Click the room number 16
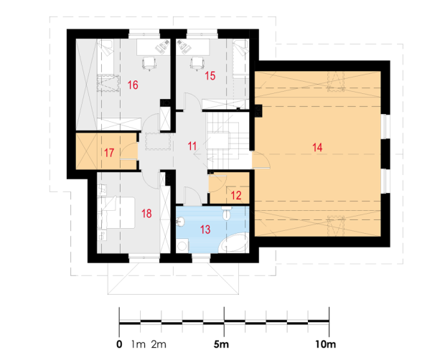[133, 85]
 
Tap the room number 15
[210, 76]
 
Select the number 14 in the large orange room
[317, 148]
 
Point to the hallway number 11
[192, 146]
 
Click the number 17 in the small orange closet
[109, 153]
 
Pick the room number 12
[236, 195]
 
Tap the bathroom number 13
[205, 229]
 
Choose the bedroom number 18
[146, 214]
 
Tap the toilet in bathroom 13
[227, 213]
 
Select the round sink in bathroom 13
[180, 222]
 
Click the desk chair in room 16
[149, 63]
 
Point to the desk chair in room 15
[197, 63]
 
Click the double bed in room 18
[116, 212]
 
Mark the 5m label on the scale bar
[221, 344]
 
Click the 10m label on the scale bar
[326, 344]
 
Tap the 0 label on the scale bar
[119, 344]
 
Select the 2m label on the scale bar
[159, 344]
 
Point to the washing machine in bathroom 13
[182, 246]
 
